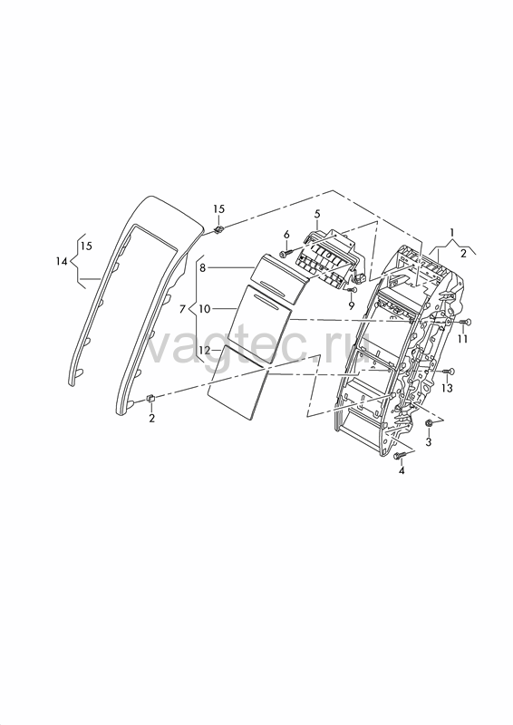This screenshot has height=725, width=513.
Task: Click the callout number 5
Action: click(x=317, y=214)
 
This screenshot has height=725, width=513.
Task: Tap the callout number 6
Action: click(x=286, y=235)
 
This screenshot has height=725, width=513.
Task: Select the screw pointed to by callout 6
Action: click(x=286, y=254)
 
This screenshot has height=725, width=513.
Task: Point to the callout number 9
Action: click(x=351, y=305)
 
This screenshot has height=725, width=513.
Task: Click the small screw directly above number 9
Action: click(x=352, y=290)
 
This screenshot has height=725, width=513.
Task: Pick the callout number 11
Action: click(x=463, y=339)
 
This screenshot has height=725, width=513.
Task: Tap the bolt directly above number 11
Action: click(x=465, y=322)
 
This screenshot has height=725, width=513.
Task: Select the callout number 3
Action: click(x=429, y=441)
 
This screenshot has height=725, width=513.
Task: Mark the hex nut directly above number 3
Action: click(x=429, y=422)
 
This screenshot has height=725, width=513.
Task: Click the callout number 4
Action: click(x=402, y=470)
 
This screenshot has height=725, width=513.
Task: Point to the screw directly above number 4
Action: click(x=400, y=456)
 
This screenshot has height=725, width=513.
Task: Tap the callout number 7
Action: click(x=183, y=309)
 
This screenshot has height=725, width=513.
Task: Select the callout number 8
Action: click(x=203, y=267)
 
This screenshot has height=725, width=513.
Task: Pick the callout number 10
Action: click(x=205, y=308)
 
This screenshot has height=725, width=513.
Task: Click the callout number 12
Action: click(x=204, y=351)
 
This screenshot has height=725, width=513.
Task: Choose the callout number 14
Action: click(x=62, y=262)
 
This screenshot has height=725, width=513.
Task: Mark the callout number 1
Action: click(x=452, y=232)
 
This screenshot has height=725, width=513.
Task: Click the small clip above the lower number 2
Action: click(x=150, y=398)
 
